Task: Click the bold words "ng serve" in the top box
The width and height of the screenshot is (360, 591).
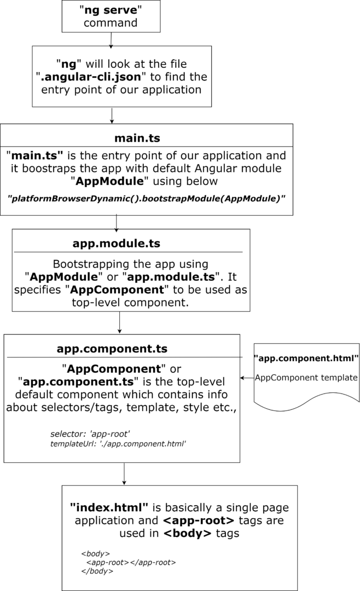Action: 111,10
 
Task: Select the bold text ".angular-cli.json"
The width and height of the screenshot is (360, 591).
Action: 90,77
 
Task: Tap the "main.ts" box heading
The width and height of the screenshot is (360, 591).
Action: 137,138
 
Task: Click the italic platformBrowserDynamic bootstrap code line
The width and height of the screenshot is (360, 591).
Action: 146,199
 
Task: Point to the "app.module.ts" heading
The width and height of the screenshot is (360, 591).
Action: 117,244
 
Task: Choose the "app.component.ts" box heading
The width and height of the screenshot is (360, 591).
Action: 112,349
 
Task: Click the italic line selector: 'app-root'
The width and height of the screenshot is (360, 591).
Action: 90,434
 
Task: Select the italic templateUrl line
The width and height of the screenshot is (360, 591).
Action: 118,444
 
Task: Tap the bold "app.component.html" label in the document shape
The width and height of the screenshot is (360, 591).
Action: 306,358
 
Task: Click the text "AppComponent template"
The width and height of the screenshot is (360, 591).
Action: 306,378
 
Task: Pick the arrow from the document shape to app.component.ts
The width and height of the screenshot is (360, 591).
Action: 247,378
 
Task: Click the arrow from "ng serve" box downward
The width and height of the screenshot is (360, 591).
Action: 111,40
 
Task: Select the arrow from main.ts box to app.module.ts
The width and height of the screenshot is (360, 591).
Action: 116,223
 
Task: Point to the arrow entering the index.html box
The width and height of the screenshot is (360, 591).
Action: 124,474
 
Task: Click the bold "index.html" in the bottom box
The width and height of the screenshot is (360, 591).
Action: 109,508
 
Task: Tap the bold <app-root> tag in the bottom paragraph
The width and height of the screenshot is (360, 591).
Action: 199,520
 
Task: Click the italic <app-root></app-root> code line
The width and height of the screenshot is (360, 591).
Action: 131,563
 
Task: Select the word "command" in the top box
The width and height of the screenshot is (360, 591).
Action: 111,23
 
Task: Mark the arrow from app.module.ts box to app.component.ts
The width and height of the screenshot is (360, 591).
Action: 119,323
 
